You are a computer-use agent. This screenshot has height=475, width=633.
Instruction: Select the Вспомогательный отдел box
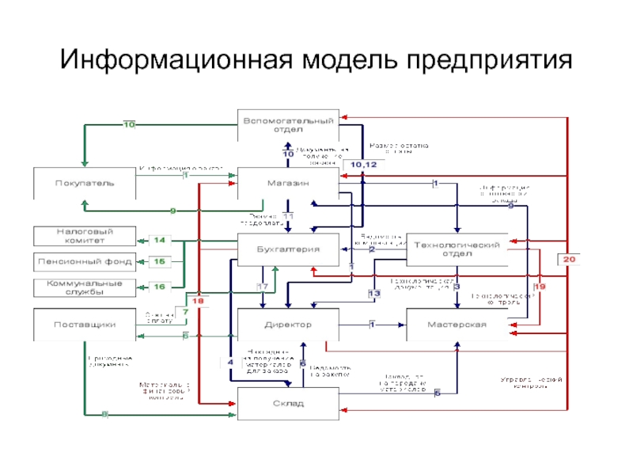(x=288, y=125)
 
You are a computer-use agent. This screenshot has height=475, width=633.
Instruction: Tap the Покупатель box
(x=84, y=183)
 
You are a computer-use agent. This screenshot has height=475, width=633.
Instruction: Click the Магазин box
(x=288, y=183)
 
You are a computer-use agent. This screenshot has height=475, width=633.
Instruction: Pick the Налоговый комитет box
(x=84, y=235)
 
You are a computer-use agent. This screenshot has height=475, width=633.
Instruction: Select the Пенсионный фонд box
(x=84, y=260)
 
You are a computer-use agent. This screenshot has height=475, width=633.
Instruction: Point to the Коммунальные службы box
(x=84, y=287)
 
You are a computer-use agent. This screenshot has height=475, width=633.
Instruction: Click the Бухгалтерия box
(x=288, y=249)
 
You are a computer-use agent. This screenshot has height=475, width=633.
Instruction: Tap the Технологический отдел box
(x=456, y=249)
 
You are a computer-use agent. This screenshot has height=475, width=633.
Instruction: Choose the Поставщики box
(x=84, y=325)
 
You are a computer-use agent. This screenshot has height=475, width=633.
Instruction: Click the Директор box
(x=288, y=325)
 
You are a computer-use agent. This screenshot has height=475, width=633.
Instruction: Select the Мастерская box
(x=456, y=325)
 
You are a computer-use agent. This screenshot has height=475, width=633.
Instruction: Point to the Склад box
(x=288, y=404)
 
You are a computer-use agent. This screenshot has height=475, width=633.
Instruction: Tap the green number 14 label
(x=159, y=239)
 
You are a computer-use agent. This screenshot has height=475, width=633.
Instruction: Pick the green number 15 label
(x=159, y=261)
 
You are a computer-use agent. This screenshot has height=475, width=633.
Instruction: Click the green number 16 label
(x=159, y=287)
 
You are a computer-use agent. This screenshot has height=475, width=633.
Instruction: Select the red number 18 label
(x=197, y=302)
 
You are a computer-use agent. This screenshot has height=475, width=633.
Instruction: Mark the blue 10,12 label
(x=370, y=164)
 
